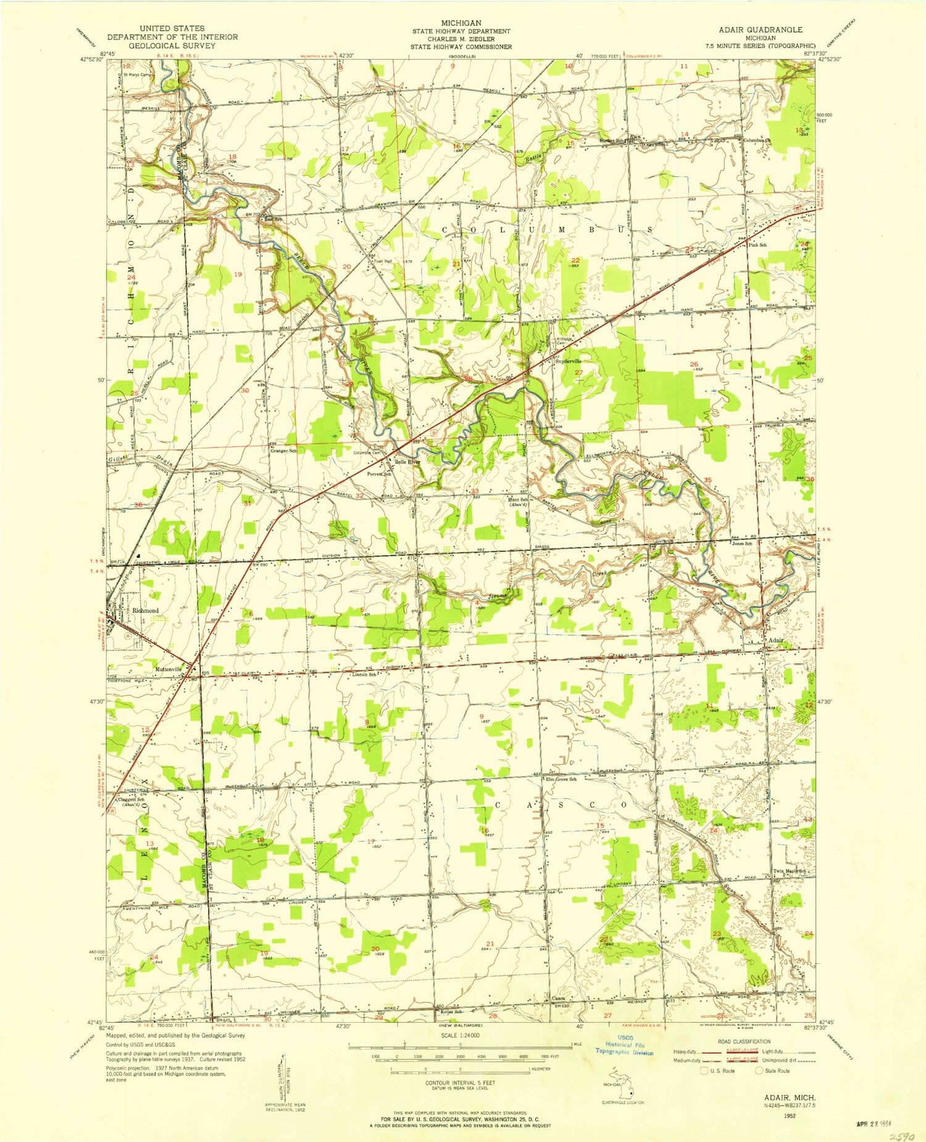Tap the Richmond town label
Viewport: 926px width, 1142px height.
coord(146,611)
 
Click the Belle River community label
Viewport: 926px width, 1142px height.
coord(407,461)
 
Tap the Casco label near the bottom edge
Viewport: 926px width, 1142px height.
coord(558,998)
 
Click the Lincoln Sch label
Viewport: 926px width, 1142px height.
coord(364,674)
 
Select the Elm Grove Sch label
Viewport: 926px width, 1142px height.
coord(560,779)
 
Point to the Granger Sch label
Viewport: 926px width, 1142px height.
coord(283,451)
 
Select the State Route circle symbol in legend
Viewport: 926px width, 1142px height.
coord(759,1070)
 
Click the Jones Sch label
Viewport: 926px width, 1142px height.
coord(741,544)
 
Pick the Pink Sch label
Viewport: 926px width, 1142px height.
coord(757,245)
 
